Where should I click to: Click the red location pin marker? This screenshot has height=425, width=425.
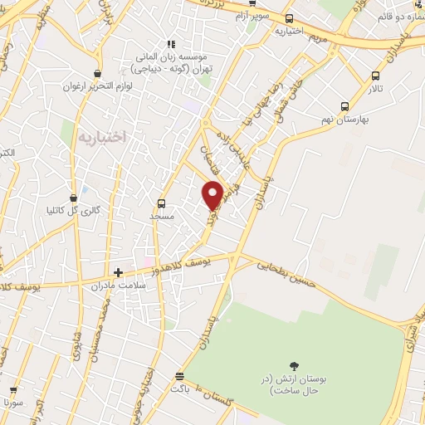click(213, 194)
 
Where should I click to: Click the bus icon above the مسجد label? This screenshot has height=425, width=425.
click(161, 203)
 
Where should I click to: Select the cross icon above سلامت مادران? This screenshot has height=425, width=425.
click(118, 271)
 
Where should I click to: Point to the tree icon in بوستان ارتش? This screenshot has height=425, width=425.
click(293, 365)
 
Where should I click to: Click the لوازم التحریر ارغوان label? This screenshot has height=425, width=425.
click(97, 86)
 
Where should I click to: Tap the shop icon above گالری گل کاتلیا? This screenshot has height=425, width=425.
click(74, 198)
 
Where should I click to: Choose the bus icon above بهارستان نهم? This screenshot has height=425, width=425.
click(344, 106)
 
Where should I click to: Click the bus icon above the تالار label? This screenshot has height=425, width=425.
click(375, 76)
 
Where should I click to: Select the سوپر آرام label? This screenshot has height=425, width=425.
click(251, 16)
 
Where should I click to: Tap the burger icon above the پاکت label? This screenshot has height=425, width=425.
click(175, 375)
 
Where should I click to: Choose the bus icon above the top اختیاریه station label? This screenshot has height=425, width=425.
click(289, 18)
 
